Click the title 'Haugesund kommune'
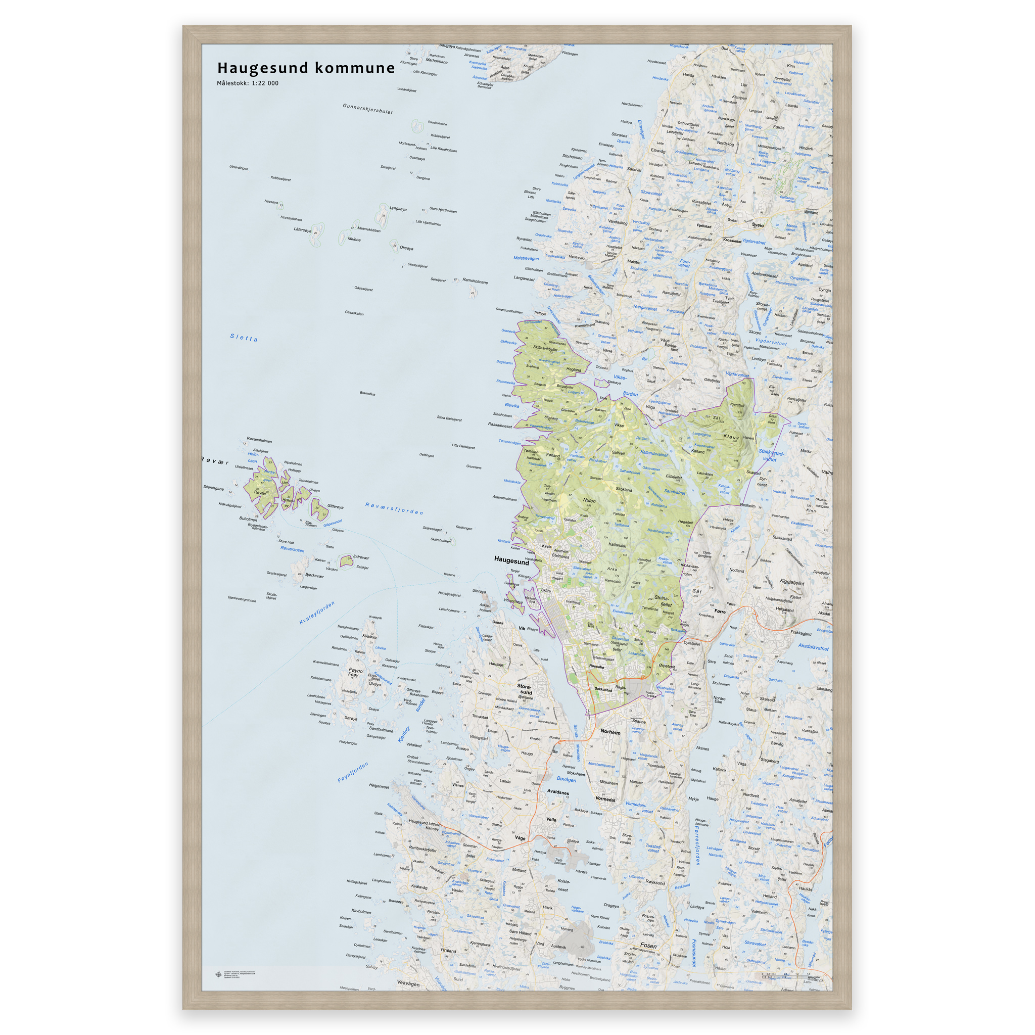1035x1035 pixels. click(x=306, y=68)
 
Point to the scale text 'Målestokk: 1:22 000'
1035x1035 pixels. click(x=248, y=83)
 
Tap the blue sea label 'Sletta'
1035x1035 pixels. click(x=244, y=338)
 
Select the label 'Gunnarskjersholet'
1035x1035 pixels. click(x=367, y=109)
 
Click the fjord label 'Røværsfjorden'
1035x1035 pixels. click(x=394, y=508)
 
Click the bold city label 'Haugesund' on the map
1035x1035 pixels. click(x=511, y=560)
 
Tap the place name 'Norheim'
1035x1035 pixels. click(x=610, y=732)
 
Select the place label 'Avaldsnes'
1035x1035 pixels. click(x=558, y=792)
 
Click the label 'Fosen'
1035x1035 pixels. click(x=648, y=946)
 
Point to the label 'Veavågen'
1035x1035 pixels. click(x=408, y=983)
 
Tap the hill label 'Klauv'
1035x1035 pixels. click(x=731, y=437)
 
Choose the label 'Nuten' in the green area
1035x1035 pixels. click(x=589, y=500)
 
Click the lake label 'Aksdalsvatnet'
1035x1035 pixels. click(x=813, y=647)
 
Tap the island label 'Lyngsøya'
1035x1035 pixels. click(x=398, y=209)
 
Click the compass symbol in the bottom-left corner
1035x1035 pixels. click(x=218, y=974)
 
